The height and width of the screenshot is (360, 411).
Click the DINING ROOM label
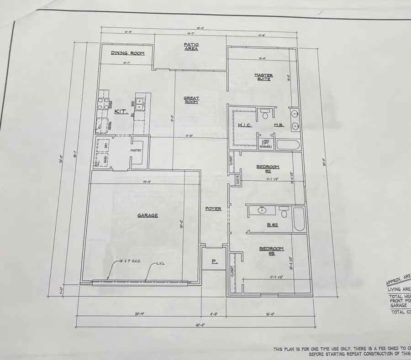click(128, 53)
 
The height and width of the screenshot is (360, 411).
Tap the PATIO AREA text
click(191, 47)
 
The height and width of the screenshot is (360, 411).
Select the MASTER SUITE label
click(263, 77)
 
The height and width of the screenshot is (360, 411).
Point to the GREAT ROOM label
click(191, 99)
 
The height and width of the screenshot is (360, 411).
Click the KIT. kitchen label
click(121, 111)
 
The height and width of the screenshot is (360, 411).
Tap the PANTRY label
click(136, 151)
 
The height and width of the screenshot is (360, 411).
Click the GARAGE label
click(148, 215)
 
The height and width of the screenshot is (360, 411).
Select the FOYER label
click(213, 209)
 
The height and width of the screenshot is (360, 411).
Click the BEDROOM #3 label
click(272, 250)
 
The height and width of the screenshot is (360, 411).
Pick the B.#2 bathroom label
click(273, 225)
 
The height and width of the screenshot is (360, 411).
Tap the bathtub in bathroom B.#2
click(299, 219)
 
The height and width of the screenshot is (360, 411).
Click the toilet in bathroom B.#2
click(284, 213)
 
